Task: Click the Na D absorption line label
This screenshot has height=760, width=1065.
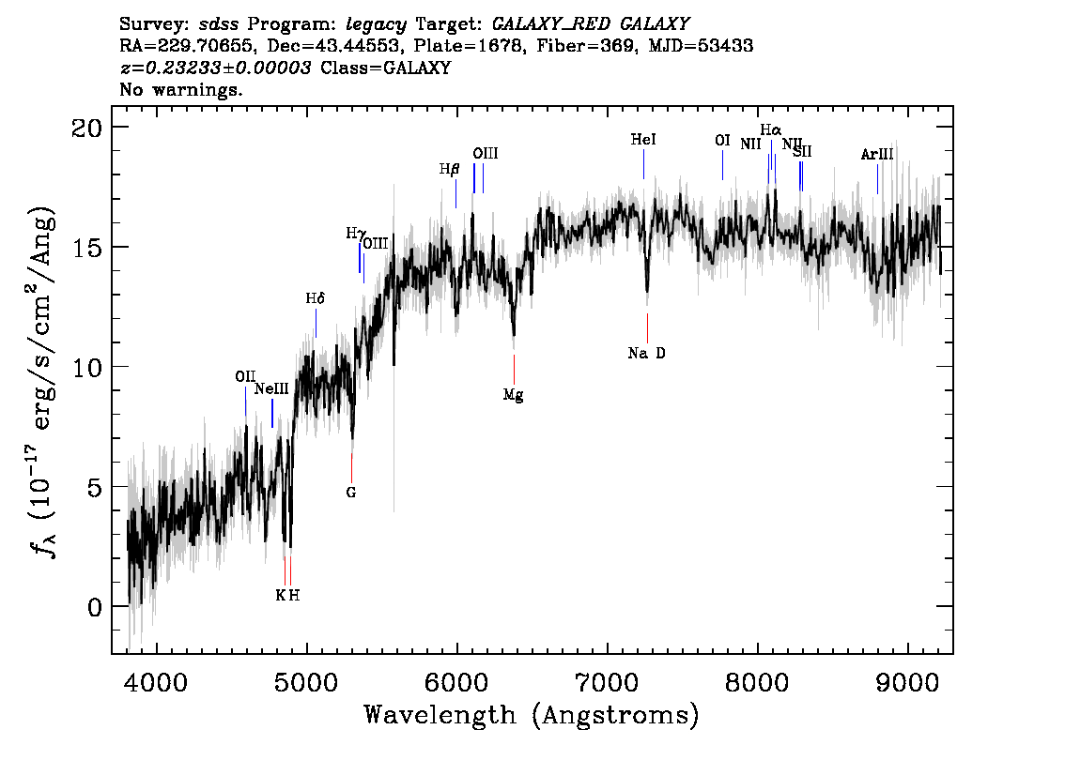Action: click(x=646, y=354)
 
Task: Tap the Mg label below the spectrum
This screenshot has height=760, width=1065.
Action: click(x=513, y=395)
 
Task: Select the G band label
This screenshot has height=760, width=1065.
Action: click(x=351, y=492)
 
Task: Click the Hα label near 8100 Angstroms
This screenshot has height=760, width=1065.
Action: click(x=770, y=129)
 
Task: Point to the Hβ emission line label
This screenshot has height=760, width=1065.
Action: click(x=449, y=170)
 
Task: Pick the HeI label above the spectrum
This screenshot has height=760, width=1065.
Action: click(x=643, y=140)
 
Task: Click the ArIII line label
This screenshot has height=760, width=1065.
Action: click(x=876, y=155)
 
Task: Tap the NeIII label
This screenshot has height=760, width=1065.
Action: click(x=271, y=389)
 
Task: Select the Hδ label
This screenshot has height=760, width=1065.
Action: click(x=316, y=298)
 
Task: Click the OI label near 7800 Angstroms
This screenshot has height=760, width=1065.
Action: click(x=722, y=141)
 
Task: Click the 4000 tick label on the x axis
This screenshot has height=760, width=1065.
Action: click(x=156, y=677)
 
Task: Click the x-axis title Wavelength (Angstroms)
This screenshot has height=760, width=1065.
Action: click(x=532, y=715)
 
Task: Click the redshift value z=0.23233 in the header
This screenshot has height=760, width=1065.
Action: click(x=215, y=68)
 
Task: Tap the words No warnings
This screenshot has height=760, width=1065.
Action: click(x=181, y=91)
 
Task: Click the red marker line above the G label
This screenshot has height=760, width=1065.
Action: click(x=351, y=466)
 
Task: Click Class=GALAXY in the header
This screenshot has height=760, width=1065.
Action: click(x=385, y=68)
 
